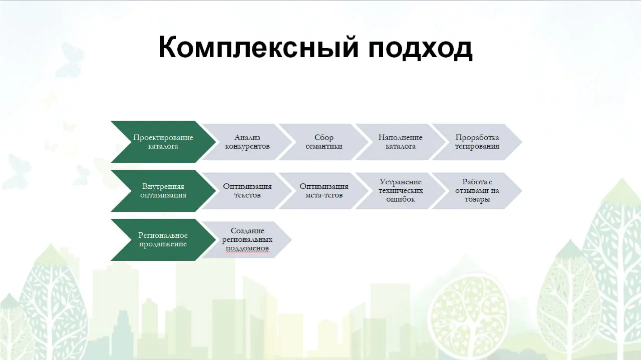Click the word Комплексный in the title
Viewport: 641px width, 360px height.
click(x=258, y=47)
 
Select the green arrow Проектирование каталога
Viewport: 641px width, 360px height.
click(x=163, y=142)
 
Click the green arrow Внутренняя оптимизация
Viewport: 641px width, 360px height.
click(x=163, y=191)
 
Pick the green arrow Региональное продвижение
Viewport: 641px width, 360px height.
click(x=163, y=240)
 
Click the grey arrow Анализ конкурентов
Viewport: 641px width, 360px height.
click(x=247, y=142)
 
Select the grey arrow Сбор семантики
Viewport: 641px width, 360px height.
click(x=324, y=142)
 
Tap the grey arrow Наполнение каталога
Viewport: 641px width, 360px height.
click(x=401, y=142)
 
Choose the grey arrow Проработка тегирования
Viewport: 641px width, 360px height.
click(x=477, y=142)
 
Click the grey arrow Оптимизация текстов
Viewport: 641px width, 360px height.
click(x=247, y=191)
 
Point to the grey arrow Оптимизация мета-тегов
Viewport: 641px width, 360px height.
click(x=324, y=191)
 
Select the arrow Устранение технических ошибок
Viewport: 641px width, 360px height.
click(x=401, y=191)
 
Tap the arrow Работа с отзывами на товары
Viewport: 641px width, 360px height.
click(x=477, y=191)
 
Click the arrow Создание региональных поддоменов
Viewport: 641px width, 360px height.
click(x=247, y=240)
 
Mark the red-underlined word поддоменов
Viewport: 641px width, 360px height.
click(x=247, y=248)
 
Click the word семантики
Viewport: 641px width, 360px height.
click(x=324, y=147)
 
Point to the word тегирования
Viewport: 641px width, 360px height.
click(x=477, y=147)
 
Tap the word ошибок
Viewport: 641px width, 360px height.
click(x=401, y=199)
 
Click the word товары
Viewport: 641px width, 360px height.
click(x=477, y=199)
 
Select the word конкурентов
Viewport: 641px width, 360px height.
click(x=247, y=147)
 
